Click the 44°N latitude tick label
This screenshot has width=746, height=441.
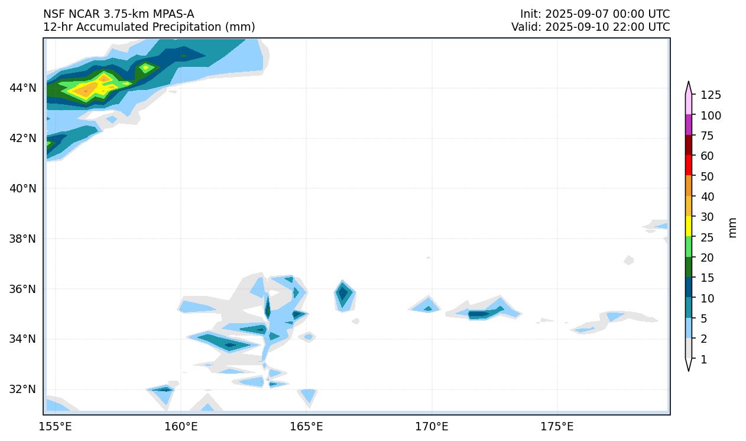tap(23, 88)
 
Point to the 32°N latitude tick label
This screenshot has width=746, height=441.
tap(23, 390)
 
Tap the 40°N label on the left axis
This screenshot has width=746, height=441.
tap(23, 189)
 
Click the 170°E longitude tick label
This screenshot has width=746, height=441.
tap(432, 427)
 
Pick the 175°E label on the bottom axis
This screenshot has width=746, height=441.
tap(557, 427)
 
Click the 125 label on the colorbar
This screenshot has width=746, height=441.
tap(711, 95)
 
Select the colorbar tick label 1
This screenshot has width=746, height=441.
tap(703, 359)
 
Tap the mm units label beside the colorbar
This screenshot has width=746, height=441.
tap(733, 227)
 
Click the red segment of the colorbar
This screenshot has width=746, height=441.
tap(689, 165)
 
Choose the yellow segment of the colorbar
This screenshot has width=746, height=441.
tap(689, 226)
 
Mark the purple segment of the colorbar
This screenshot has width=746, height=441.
tap(689, 125)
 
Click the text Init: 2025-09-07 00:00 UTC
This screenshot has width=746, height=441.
tap(595, 14)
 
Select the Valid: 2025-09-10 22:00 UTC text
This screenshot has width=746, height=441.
tap(591, 27)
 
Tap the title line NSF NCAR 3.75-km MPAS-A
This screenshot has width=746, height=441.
tap(118, 14)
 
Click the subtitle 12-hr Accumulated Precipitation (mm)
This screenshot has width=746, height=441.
tap(149, 27)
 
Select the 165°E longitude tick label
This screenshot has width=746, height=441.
tap(306, 427)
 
